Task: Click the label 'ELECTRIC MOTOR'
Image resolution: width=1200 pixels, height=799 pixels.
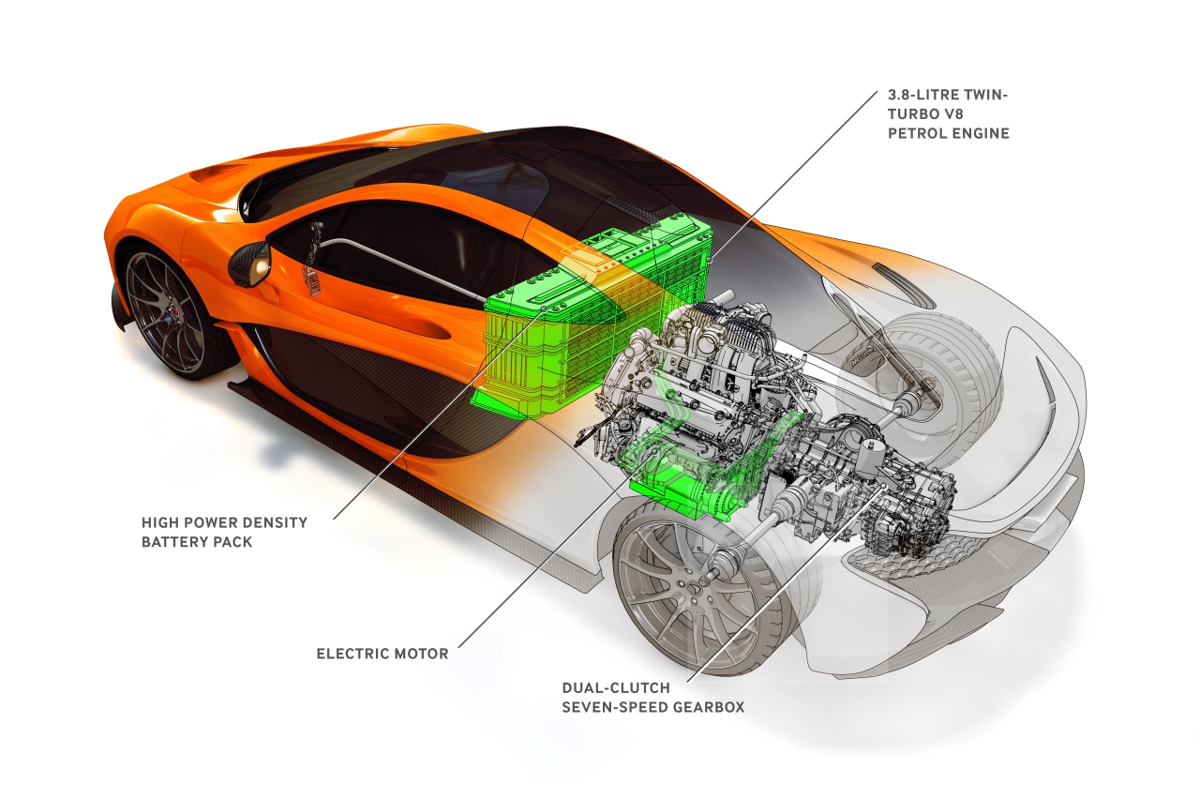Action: coord(382,654)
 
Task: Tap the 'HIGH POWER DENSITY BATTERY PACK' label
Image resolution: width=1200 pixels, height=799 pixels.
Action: coord(224,532)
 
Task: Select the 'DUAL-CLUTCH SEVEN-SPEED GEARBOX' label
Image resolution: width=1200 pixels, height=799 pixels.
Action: coord(653,697)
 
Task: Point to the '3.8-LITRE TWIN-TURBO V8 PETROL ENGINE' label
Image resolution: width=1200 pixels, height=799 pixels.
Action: coord(948,113)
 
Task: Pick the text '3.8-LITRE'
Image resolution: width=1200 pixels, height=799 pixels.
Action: coord(923,95)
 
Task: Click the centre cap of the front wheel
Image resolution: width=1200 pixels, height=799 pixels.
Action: coord(175,311)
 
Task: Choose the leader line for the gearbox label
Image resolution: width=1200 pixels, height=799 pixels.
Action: coord(786,582)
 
